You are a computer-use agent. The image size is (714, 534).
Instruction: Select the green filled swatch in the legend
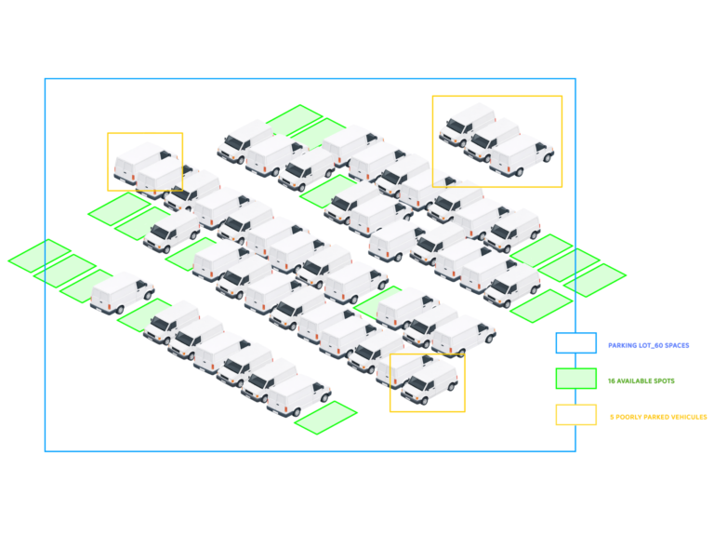pos(576,379)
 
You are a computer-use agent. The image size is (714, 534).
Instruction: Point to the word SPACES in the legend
pos(677,345)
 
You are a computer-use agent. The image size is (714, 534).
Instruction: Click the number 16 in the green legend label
pos(612,380)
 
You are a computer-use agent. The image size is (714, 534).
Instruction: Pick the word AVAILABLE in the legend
pos(634,380)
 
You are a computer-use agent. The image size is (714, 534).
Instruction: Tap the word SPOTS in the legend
pos(664,380)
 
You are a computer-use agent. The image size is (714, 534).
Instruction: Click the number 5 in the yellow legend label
pos(612,417)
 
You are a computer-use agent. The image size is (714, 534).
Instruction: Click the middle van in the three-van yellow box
pos(492,140)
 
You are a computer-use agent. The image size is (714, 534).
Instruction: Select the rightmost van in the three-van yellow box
pos(522,155)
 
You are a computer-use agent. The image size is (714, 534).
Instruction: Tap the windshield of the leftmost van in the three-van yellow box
pos(455,125)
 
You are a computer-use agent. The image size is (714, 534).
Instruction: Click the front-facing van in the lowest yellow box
pos(430,382)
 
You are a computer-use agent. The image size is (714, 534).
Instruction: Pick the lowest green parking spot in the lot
pos(325,418)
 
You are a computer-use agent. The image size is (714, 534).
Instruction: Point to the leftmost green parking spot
pos(40,256)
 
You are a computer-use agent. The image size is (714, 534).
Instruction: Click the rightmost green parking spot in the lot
pos(595,280)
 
